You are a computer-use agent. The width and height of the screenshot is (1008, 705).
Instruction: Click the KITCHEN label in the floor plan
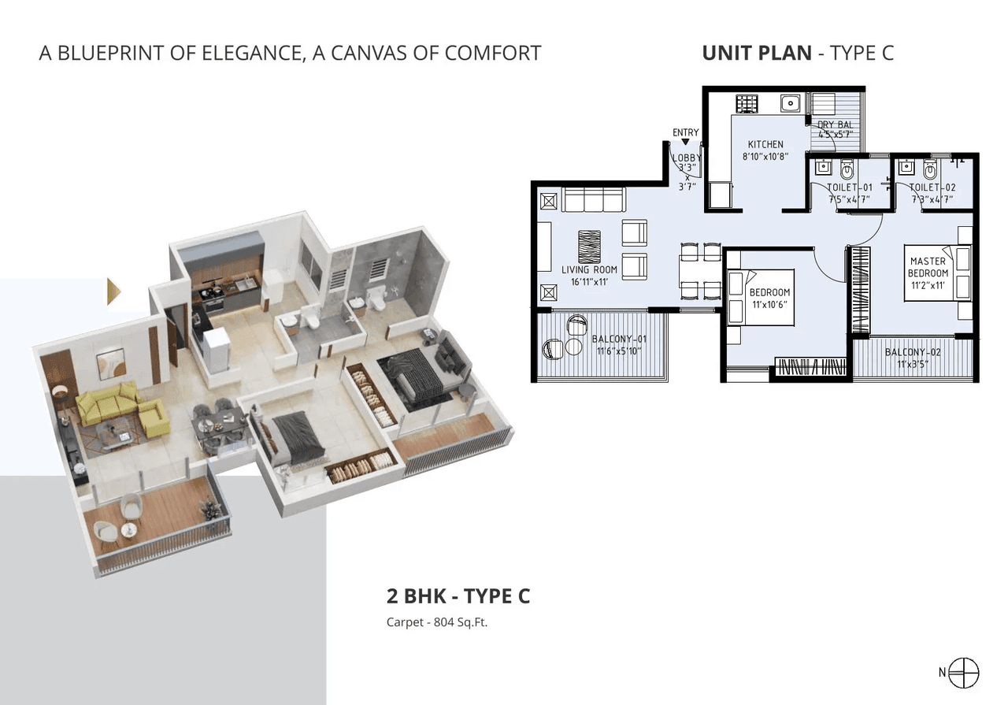pyautogui.click(x=765, y=144)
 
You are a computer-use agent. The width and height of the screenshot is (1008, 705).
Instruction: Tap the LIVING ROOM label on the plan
pyautogui.click(x=589, y=269)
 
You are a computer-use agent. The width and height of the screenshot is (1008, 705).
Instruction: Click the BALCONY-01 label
pyautogui.click(x=619, y=339)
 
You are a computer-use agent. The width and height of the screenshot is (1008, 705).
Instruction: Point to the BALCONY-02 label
pyautogui.click(x=913, y=352)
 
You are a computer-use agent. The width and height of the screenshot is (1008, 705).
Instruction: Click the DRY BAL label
pyautogui.click(x=836, y=124)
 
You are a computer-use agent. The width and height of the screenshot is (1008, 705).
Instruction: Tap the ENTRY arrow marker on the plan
pyautogui.click(x=685, y=142)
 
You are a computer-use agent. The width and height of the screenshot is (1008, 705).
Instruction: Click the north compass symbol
pyautogui.click(x=964, y=672)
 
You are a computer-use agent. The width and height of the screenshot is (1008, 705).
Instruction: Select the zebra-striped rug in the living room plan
pyautogui.click(x=589, y=247)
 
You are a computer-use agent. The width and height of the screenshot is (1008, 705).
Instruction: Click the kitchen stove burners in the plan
pyautogui.click(x=746, y=103)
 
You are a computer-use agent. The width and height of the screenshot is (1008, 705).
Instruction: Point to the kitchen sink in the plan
pyautogui.click(x=790, y=103)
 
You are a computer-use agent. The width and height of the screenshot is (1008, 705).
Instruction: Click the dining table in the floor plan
pyautogui.click(x=700, y=272)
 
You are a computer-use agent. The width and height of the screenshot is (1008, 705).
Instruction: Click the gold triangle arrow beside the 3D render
pyautogui.click(x=115, y=291)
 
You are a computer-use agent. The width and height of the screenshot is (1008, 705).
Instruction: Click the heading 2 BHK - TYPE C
pyautogui.click(x=458, y=596)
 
